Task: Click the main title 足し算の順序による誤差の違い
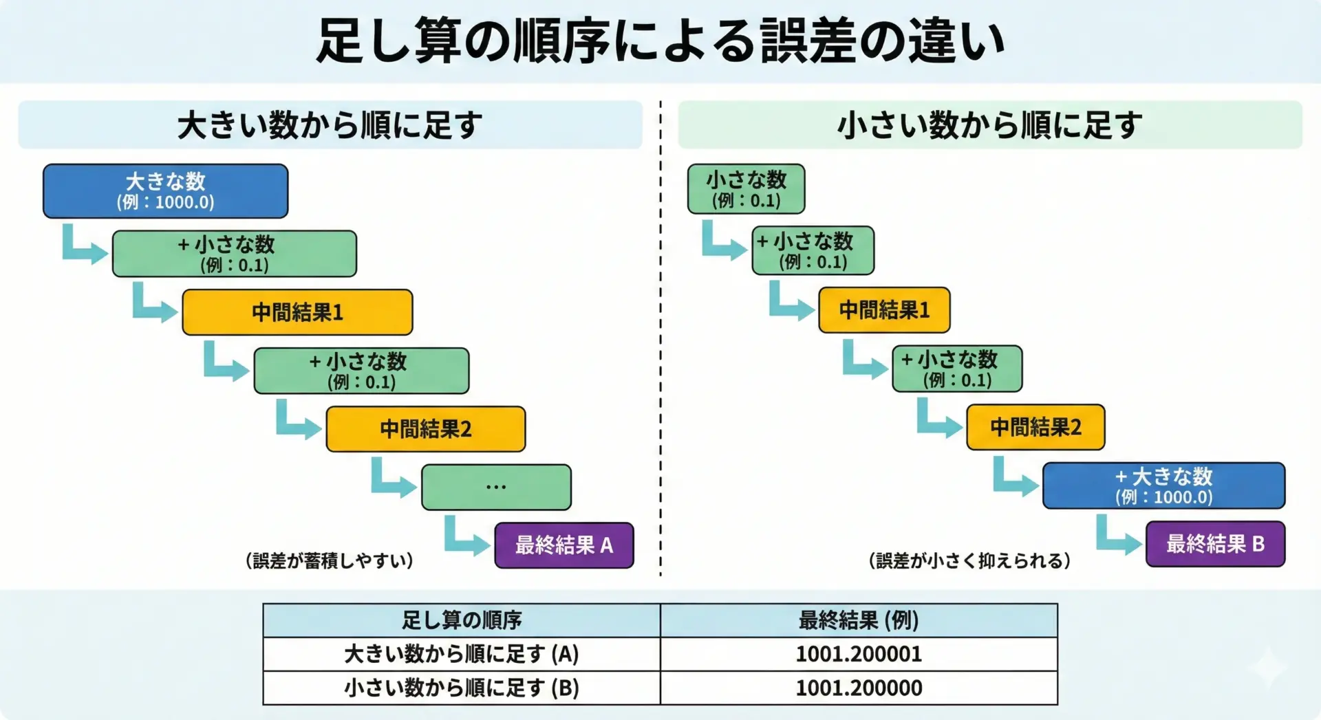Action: click(x=660, y=41)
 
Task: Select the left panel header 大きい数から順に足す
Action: click(x=330, y=125)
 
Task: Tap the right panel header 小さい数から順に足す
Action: click(x=989, y=125)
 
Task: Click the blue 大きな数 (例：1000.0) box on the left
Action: click(x=165, y=191)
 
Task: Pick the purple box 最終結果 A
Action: click(x=564, y=545)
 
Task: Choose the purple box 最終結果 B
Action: click(x=1215, y=544)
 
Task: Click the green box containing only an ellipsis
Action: click(x=496, y=487)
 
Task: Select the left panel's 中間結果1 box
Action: click(x=297, y=312)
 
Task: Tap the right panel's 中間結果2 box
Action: click(x=1035, y=427)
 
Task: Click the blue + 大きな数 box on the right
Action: click(x=1163, y=486)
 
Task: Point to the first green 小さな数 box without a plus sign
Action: click(x=746, y=189)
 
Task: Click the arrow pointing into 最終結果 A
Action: click(x=466, y=537)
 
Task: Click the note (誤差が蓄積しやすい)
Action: click(x=330, y=560)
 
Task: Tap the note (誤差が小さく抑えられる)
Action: click(x=969, y=560)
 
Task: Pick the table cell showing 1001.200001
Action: click(x=859, y=654)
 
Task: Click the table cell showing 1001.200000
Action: click(x=859, y=688)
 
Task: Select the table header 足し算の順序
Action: click(x=462, y=620)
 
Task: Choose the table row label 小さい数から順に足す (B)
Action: click(x=462, y=688)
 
